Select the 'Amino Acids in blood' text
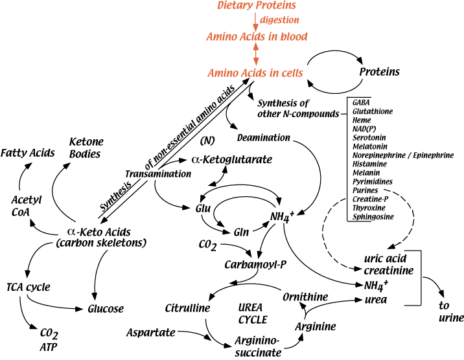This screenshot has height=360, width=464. [257, 36]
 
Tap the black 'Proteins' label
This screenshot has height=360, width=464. [380, 71]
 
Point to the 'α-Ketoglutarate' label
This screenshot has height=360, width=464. [231, 159]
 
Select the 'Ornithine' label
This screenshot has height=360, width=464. [307, 296]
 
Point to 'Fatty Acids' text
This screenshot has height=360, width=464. [27, 152]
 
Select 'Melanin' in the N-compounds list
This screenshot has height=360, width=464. [366, 173]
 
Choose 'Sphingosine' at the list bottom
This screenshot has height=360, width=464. [372, 218]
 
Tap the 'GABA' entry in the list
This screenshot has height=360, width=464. [362, 102]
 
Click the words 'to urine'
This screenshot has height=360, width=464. [451, 312]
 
